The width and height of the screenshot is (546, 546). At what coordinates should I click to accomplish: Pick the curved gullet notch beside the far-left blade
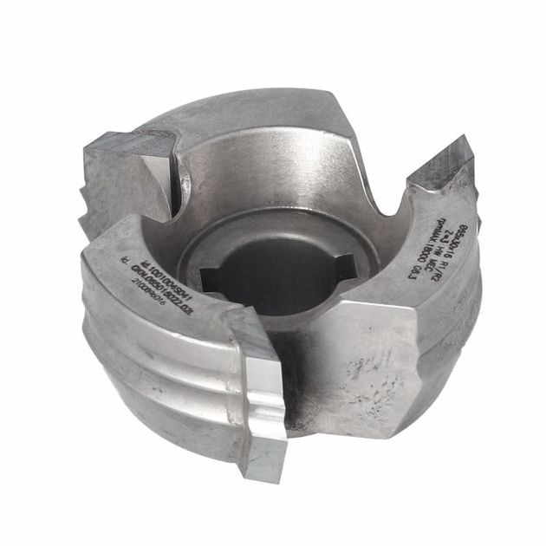pos(185,178)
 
